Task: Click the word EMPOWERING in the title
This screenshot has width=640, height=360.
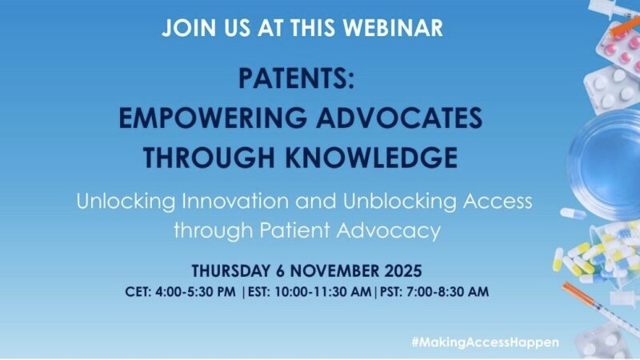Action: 202,118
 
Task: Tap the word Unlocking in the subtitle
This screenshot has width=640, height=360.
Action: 120,200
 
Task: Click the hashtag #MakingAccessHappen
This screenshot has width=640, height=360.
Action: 485,342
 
